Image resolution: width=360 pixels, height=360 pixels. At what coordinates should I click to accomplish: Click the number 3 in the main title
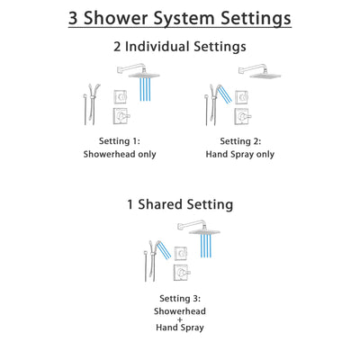point(74,18)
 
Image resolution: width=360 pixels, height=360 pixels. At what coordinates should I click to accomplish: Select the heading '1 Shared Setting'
point(179,204)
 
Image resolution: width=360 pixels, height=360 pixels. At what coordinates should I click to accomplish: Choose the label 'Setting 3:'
point(179,299)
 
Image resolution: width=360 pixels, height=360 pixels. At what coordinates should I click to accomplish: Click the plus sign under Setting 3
point(179,319)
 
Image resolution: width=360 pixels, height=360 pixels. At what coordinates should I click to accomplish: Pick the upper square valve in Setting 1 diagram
point(120,96)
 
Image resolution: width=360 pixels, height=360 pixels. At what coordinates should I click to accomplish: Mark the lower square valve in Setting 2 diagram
point(237,117)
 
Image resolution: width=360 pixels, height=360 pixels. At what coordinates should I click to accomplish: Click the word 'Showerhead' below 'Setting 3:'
point(179,310)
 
